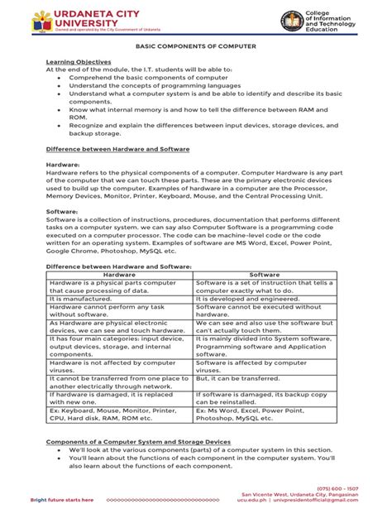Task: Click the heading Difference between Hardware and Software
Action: click(x=117, y=148)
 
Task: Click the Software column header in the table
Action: click(x=265, y=274)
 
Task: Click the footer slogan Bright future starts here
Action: click(x=62, y=501)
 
